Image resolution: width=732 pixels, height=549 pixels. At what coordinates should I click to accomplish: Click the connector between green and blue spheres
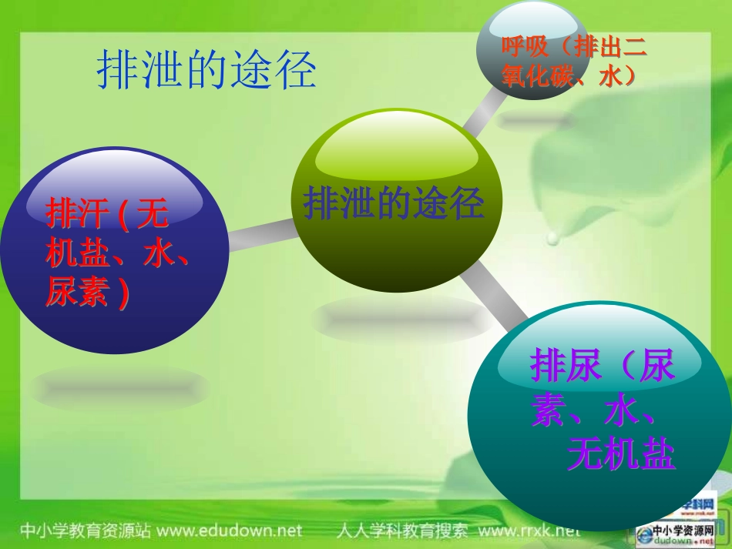coord(262,233)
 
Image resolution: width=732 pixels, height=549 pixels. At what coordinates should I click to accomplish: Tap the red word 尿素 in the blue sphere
coord(78,293)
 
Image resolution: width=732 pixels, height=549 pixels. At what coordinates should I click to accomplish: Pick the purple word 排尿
coord(566,367)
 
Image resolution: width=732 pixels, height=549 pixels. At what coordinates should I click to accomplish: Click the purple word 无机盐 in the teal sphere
coord(621,456)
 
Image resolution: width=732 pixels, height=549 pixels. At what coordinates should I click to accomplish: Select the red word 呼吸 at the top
coord(525,47)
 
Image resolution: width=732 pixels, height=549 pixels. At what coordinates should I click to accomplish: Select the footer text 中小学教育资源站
coord(84,531)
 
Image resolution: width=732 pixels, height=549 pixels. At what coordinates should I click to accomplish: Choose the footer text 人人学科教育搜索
coord(402,531)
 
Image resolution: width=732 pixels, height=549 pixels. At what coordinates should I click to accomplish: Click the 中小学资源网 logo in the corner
coord(683,533)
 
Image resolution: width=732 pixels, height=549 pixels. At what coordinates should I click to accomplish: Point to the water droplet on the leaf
coord(552,239)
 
